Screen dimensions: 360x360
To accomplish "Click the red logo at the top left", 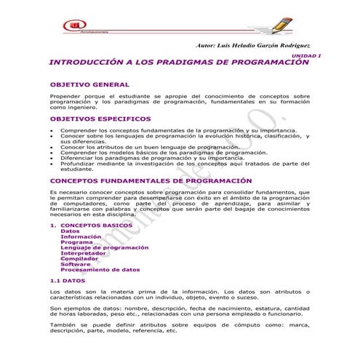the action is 75,27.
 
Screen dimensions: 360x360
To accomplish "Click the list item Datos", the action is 71,231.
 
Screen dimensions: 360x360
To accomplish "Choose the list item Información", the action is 81,236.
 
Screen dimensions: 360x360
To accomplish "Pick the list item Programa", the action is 76,242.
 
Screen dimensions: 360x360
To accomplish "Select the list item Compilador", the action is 80,258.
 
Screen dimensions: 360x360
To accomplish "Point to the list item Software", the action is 76,264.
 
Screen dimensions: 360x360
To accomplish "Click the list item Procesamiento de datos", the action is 100,269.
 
